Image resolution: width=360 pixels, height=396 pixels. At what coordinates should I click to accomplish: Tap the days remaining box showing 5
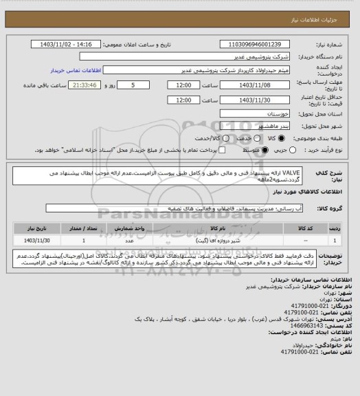(x=133, y=85)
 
